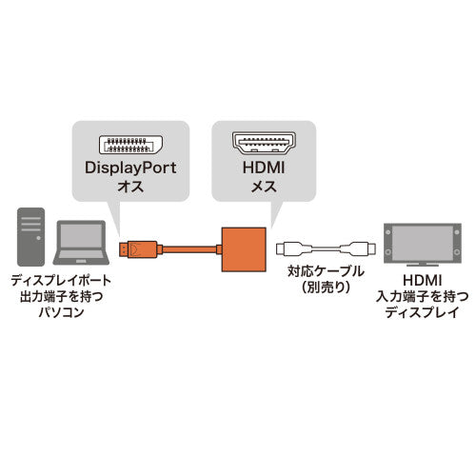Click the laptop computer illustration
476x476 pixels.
(x=82, y=246)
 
